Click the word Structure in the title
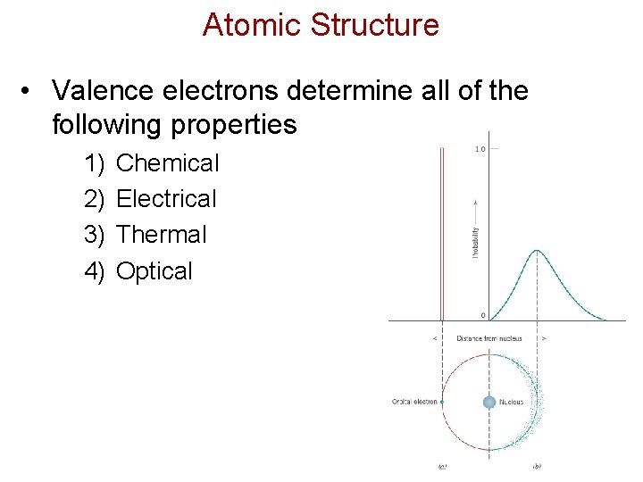pyautogui.click(x=374, y=25)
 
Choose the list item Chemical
pyautogui.click(x=168, y=163)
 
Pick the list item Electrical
pyautogui.click(x=167, y=199)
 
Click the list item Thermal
pyautogui.click(x=162, y=235)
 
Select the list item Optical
pyautogui.click(x=154, y=271)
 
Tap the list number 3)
pyautogui.click(x=95, y=235)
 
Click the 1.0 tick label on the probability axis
pyautogui.click(x=480, y=149)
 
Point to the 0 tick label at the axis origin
pyautogui.click(x=482, y=315)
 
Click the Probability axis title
pyautogui.click(x=476, y=241)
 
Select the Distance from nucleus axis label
pyautogui.click(x=489, y=338)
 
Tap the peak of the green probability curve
pyautogui.click(x=536, y=251)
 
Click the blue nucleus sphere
pyautogui.click(x=489, y=402)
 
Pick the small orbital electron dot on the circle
pyautogui.click(x=442, y=402)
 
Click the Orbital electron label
pyautogui.click(x=414, y=402)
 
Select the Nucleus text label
pyautogui.click(x=512, y=402)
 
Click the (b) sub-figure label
pyautogui.click(x=537, y=466)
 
